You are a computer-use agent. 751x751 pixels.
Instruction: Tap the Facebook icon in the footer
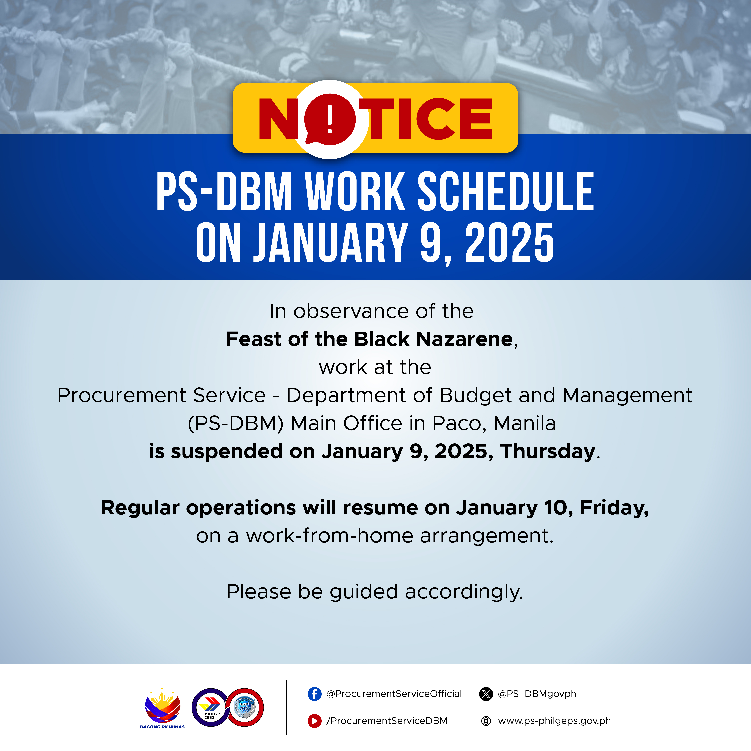(314, 694)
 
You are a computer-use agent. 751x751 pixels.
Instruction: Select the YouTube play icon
(314, 721)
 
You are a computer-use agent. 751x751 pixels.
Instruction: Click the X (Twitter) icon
(486, 694)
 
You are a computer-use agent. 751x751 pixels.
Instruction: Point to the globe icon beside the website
(486, 721)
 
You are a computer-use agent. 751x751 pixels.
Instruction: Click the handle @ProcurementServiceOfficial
(394, 694)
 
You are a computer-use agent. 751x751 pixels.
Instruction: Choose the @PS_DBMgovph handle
(537, 694)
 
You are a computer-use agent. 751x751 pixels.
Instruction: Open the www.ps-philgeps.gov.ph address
(554, 721)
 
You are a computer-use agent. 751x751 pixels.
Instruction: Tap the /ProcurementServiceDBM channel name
(387, 721)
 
